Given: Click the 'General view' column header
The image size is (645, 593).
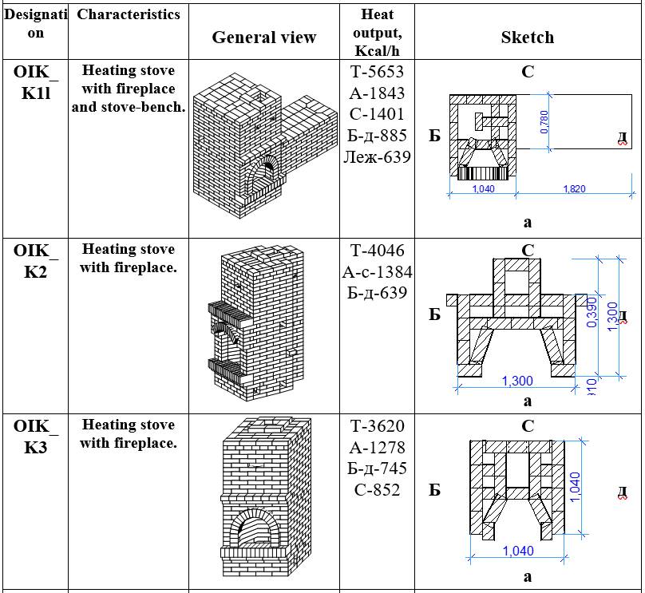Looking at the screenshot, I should tap(263, 38).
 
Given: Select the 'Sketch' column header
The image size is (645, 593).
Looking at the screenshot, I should tap(527, 38).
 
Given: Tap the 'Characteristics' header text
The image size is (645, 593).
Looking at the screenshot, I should tap(129, 14).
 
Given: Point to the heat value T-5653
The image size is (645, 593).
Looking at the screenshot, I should tap(377, 72).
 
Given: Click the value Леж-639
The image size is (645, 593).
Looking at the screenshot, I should tap(377, 157).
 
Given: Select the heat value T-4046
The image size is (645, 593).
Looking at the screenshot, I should tap(377, 251).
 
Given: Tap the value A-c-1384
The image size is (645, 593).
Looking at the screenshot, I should tap(377, 272).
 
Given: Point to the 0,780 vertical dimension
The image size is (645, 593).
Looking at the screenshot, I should tap(544, 121).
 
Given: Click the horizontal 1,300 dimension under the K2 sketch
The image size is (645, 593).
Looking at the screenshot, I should tap(517, 381).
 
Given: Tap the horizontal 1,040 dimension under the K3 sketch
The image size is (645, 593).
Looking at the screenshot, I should tap(517, 551).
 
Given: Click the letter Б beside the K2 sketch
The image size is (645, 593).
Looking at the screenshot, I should tap(434, 314).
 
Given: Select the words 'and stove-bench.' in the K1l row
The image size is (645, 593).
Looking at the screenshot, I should tap(129, 106).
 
